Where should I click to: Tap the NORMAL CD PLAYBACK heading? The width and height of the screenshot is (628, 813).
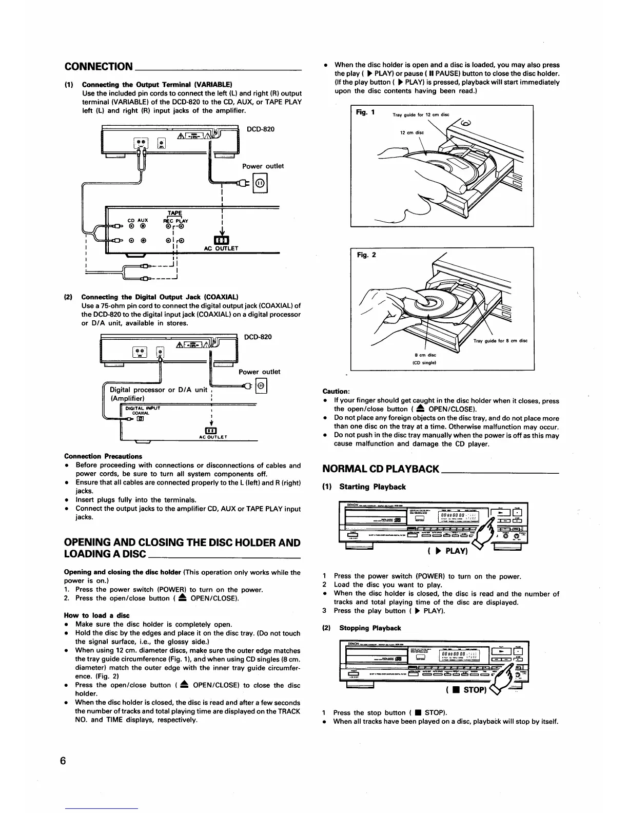tap(380, 468)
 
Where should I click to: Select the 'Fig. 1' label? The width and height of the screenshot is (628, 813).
tap(365, 112)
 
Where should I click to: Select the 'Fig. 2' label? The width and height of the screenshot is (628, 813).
tap(366, 255)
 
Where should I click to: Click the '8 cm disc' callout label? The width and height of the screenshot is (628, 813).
tap(425, 355)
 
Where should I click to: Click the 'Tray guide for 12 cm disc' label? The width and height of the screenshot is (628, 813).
tap(420, 115)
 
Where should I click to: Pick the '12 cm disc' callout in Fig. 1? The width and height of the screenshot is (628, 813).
tap(412, 132)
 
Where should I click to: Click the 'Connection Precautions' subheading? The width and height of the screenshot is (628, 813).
tap(103, 456)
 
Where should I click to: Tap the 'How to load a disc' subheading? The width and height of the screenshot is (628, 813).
tap(96, 615)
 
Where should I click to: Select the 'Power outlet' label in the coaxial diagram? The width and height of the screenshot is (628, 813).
tap(259, 372)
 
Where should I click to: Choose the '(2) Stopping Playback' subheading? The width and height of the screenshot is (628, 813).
tap(361, 628)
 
